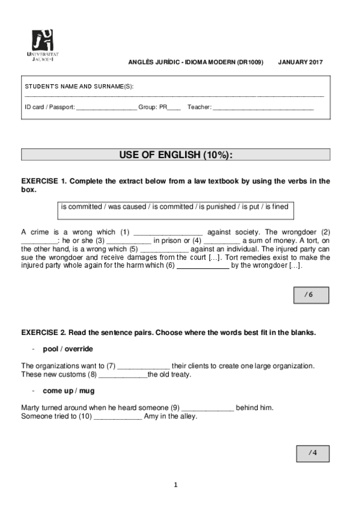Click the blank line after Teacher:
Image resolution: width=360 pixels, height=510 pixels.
pyautogui.click(x=263, y=108)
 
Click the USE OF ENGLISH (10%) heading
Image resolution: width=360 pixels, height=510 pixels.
pyautogui.click(x=175, y=155)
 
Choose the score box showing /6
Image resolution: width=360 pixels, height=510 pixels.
pyautogui.click(x=309, y=295)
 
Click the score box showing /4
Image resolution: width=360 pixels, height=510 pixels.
pyautogui.click(x=312, y=453)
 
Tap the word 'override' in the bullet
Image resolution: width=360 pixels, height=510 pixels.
pyautogui.click(x=79, y=349)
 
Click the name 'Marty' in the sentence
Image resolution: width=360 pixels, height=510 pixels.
pyautogui.click(x=30, y=408)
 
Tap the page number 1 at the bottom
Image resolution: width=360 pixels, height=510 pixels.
pyautogui.click(x=175, y=485)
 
